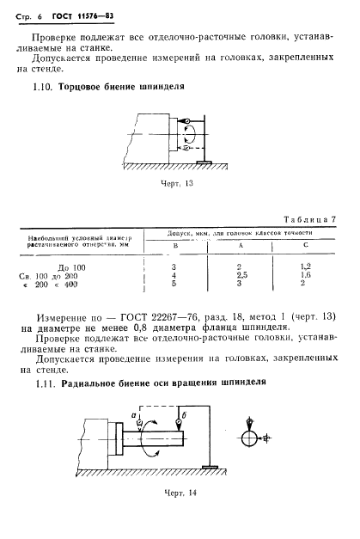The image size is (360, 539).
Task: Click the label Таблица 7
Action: coord(306,220)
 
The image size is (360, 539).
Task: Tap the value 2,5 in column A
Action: coord(241,276)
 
